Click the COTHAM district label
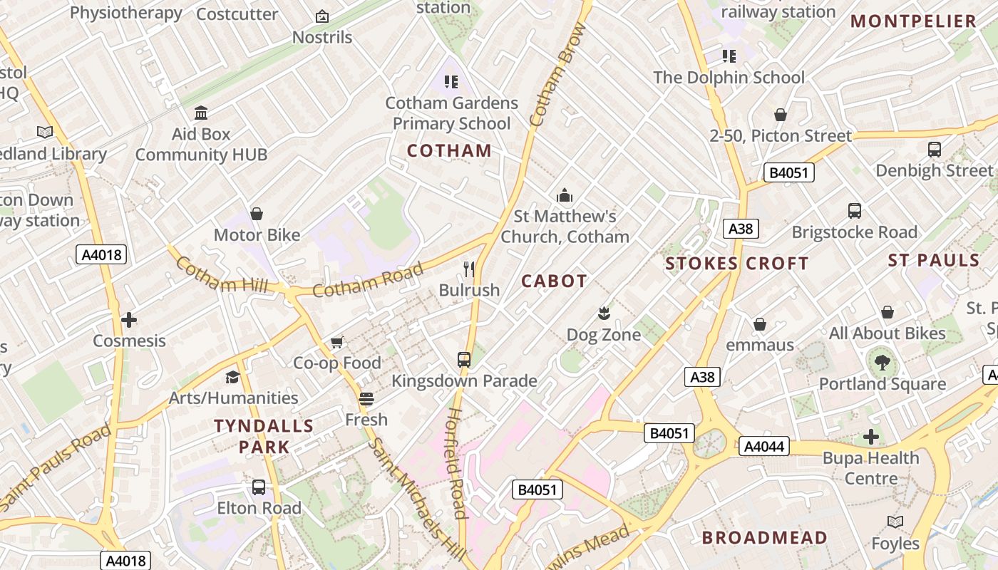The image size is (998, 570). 449,150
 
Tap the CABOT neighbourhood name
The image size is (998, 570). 554,281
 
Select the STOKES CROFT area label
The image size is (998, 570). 736,264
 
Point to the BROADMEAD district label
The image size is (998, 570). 765,537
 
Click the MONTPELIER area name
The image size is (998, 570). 913,21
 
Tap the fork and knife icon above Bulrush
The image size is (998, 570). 469,269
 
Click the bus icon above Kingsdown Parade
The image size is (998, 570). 464,359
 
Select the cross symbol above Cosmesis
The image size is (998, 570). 129,320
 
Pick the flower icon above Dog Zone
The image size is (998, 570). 604,313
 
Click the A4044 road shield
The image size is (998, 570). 763,447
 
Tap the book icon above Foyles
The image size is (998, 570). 895,522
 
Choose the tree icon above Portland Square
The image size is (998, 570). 883,363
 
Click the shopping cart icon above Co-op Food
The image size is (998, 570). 337,343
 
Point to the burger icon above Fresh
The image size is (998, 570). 366,399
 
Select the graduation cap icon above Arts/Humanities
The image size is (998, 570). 233,377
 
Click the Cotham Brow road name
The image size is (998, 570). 558,75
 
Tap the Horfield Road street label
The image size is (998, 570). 456,463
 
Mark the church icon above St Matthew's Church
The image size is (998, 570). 565,195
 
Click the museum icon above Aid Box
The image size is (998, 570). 201,113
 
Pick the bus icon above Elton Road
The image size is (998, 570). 259,487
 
